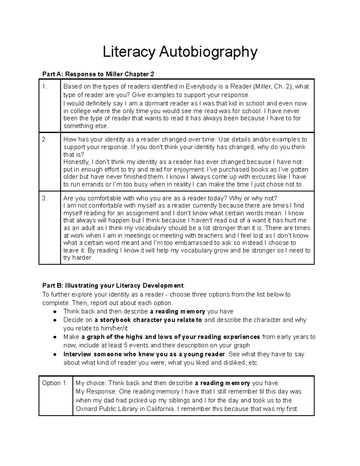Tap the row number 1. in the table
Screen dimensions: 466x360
click(x=45, y=87)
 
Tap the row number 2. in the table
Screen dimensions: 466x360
click(x=45, y=140)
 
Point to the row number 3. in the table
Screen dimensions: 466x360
click(x=45, y=198)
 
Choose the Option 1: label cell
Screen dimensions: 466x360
click(x=55, y=383)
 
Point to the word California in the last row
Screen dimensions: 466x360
click(x=159, y=409)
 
